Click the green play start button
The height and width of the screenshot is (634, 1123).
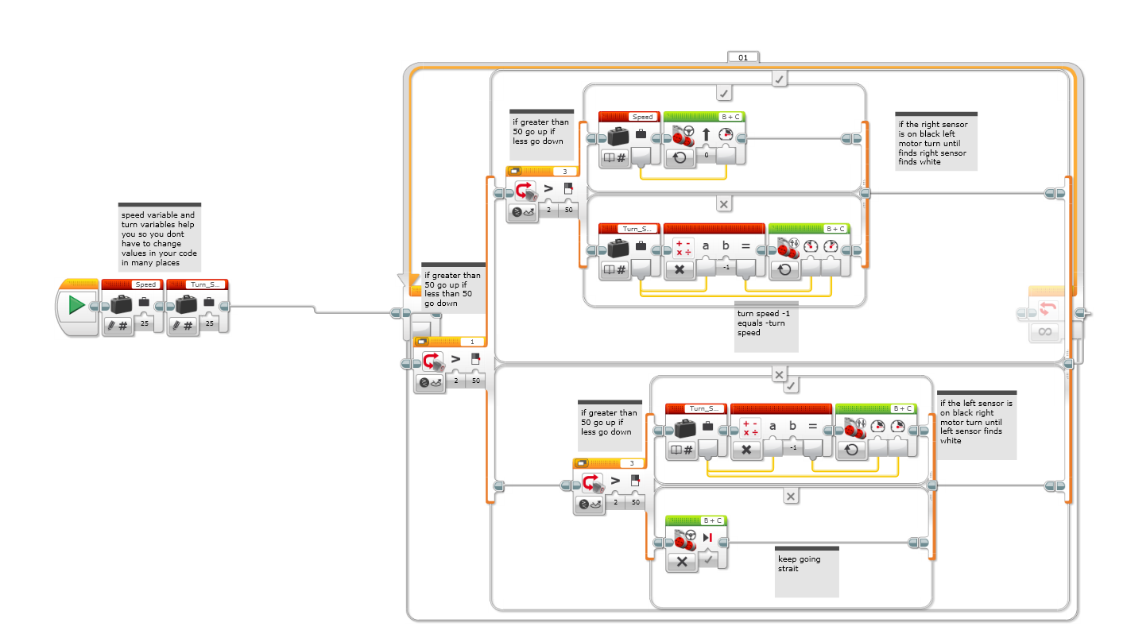(x=77, y=304)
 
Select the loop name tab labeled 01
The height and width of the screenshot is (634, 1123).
(x=743, y=57)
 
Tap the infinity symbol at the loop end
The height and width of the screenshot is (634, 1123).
(x=1044, y=331)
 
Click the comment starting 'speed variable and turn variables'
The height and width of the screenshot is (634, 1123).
(x=160, y=238)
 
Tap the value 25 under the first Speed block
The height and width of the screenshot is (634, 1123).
(x=144, y=323)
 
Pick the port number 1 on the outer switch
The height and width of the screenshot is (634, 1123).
(x=472, y=342)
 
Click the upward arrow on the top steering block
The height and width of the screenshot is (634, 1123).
(x=705, y=134)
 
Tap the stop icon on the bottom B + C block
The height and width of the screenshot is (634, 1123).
(x=707, y=538)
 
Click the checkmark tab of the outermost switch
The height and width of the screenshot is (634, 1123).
(x=780, y=79)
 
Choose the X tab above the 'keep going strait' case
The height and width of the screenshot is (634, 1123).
(x=791, y=496)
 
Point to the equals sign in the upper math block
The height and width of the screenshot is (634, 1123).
(x=745, y=246)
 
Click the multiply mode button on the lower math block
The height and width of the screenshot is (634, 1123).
(x=746, y=449)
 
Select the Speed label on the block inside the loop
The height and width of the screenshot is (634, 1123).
(x=642, y=117)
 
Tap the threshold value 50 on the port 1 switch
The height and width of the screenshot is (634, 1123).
(x=475, y=381)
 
